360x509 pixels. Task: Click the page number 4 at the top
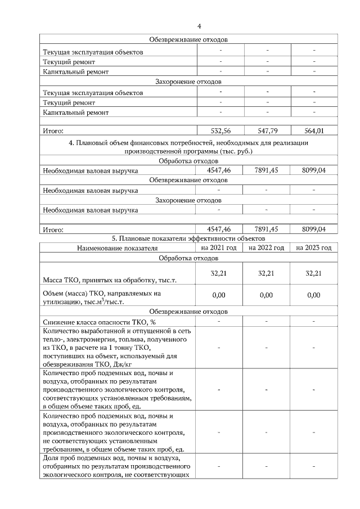(200, 26)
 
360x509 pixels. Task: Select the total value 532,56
(221, 130)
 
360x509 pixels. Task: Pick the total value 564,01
(314, 130)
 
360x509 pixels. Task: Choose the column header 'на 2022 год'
(267, 247)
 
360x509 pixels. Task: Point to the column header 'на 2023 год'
(314, 247)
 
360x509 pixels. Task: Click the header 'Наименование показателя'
(118, 248)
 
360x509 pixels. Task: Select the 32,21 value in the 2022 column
(267, 273)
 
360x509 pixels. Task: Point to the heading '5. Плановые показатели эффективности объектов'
(188, 239)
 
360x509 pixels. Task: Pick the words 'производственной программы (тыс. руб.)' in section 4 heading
(188, 151)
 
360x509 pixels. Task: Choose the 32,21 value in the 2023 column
(314, 273)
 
